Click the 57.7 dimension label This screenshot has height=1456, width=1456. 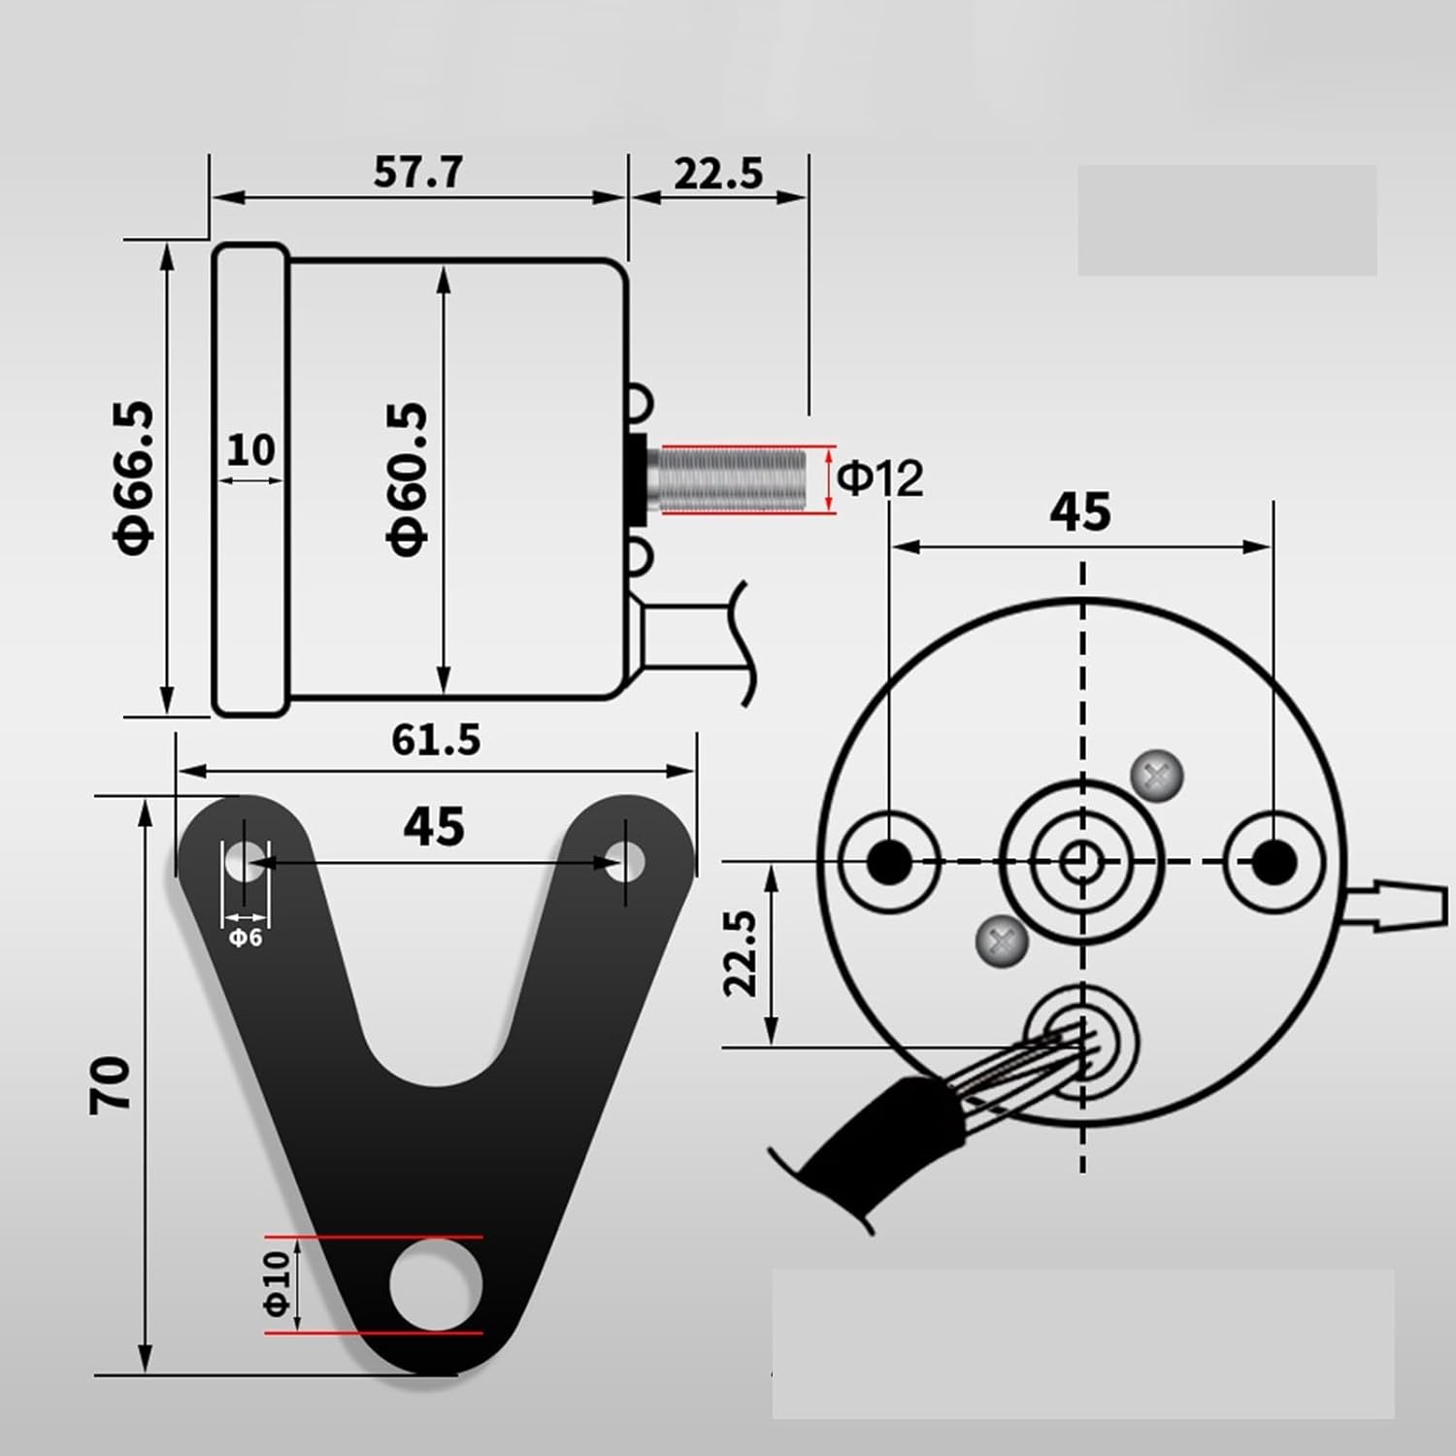418,172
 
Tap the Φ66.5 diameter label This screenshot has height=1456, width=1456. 135,477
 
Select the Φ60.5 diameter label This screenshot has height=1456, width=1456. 407,479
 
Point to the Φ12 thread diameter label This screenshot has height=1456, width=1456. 879,478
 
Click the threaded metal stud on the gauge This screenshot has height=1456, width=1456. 730,478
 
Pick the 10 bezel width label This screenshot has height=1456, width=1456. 250,449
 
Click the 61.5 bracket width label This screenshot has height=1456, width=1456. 436,740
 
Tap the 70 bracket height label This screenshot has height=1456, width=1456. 110,1084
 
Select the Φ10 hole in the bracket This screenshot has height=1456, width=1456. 436,1285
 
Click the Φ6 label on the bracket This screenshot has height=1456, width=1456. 246,938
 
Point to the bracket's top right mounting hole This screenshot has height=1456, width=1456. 626,860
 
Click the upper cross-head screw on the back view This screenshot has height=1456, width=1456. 1157,776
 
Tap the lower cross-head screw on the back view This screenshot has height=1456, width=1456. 1002,940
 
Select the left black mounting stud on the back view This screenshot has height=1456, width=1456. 889,860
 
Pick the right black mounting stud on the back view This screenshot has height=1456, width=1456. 1274,860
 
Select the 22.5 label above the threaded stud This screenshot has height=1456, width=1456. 718,174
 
